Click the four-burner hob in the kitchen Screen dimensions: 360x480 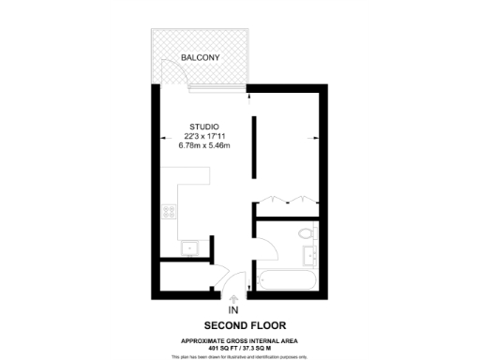pos(171,212)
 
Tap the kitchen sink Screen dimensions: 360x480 pos(188,247)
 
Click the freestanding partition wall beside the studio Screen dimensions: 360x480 pos(253,148)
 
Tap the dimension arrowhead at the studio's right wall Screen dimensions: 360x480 pos(309,142)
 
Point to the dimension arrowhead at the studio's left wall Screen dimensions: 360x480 pos(162,142)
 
